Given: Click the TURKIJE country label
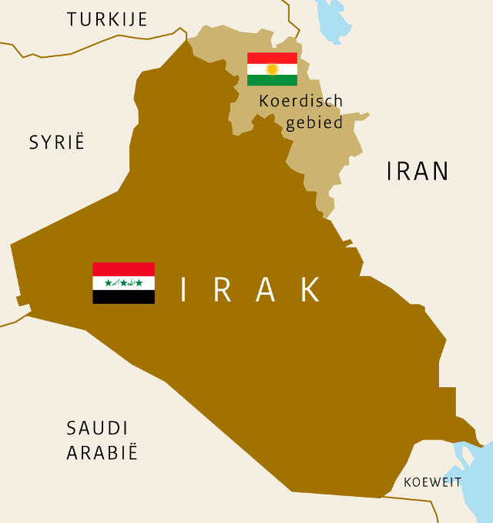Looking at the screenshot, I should click(107, 19).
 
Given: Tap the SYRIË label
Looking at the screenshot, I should click(57, 143).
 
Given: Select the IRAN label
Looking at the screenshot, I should click(418, 171).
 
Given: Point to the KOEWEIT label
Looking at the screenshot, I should click(433, 483).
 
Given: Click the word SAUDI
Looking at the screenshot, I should click(97, 429).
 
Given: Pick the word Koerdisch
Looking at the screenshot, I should click(301, 101).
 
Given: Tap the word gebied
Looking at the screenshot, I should click(314, 123).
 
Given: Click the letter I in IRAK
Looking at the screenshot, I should click(183, 289).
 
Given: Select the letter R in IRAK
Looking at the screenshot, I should click(223, 289).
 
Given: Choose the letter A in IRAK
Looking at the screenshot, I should click(266, 289).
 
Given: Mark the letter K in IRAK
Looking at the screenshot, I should click(310, 289).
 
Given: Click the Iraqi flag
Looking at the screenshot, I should click(124, 283).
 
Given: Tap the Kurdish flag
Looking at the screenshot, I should click(272, 69).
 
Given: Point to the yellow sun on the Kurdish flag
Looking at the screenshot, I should click(272, 69).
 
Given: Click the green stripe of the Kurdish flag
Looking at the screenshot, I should click(272, 80).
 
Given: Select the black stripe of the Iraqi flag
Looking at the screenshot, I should click(124, 297).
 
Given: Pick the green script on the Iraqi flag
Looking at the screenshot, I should click(124, 283).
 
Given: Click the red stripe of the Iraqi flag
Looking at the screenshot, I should click(124, 269).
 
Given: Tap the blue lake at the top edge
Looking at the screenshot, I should click(332, 19).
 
